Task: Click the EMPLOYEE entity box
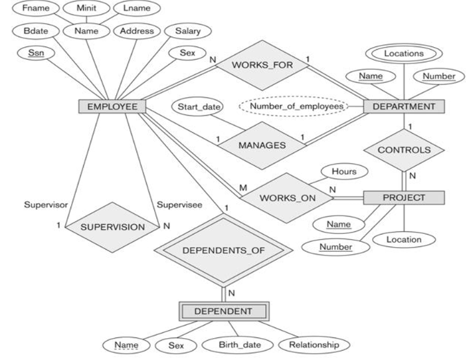(x=109, y=106)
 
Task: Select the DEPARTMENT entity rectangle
(x=404, y=106)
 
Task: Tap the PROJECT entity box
(x=404, y=197)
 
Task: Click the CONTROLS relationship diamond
(x=404, y=150)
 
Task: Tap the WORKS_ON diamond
(x=287, y=198)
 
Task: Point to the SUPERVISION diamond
(x=112, y=226)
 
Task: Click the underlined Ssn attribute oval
(x=31, y=53)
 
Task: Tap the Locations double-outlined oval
(x=404, y=52)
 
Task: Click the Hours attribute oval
(x=344, y=171)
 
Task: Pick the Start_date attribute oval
(x=197, y=106)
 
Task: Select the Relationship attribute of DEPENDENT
(x=313, y=345)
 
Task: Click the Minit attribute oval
(x=86, y=9)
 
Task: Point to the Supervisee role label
(x=179, y=205)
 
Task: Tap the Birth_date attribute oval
(x=236, y=345)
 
